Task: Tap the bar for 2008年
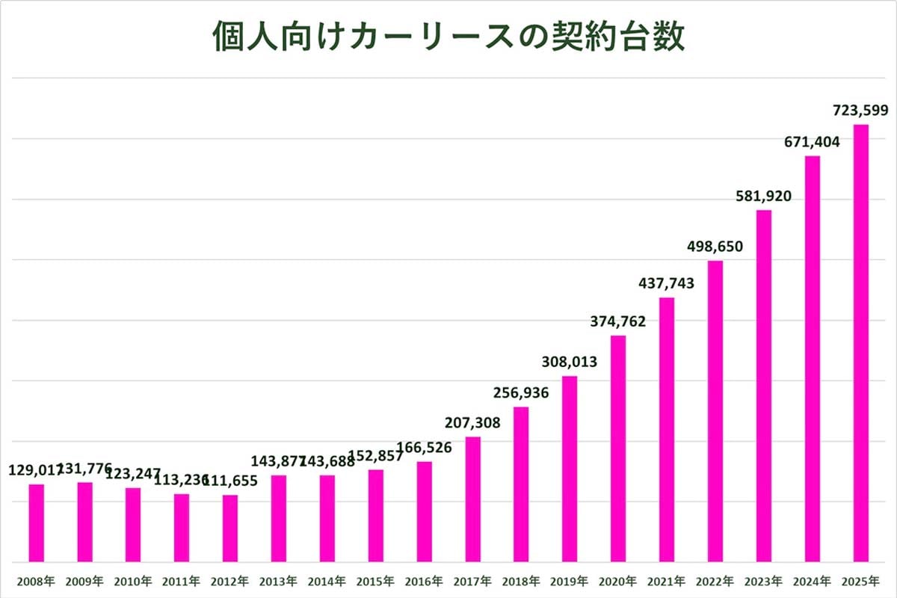click(37, 523)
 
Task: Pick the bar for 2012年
click(230, 528)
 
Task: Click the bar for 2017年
click(472, 499)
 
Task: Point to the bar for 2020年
click(617, 449)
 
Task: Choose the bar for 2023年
click(763, 386)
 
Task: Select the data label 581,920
click(763, 197)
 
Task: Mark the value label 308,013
click(570, 363)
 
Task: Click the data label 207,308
click(472, 423)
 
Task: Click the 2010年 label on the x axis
click(133, 581)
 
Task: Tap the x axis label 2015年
click(376, 581)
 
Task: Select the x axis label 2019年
click(570, 581)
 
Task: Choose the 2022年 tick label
click(715, 581)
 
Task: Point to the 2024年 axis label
click(812, 581)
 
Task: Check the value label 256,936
click(521, 393)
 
